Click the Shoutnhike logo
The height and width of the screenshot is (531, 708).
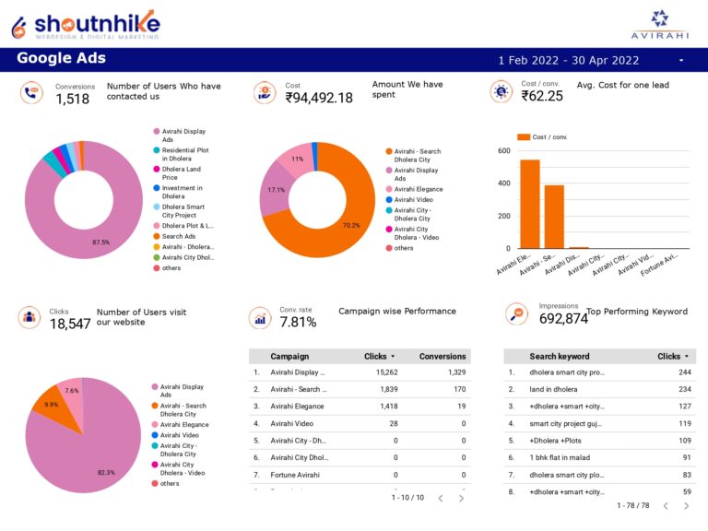tap(85, 24)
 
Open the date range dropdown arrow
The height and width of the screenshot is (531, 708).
tap(681, 60)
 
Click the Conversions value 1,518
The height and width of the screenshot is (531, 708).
tap(73, 99)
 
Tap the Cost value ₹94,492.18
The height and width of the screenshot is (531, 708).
tap(319, 98)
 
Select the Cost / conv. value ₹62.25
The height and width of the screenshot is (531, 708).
tap(542, 96)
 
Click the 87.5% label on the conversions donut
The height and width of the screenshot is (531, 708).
tap(101, 242)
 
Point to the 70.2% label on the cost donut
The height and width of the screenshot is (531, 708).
tap(350, 225)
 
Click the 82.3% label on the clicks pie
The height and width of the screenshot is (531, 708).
tap(106, 472)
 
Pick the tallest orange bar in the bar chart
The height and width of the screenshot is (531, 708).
tap(530, 204)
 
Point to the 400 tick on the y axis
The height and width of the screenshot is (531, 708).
tap(503, 183)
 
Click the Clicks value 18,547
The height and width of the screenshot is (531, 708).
tap(70, 324)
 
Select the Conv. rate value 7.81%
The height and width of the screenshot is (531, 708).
tap(298, 323)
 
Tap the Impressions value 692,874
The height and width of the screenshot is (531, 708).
tap(563, 319)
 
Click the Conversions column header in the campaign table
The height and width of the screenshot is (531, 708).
tap(442, 356)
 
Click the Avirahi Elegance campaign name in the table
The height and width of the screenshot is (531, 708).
tap(297, 407)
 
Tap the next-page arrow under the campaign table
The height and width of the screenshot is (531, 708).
tap(461, 498)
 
